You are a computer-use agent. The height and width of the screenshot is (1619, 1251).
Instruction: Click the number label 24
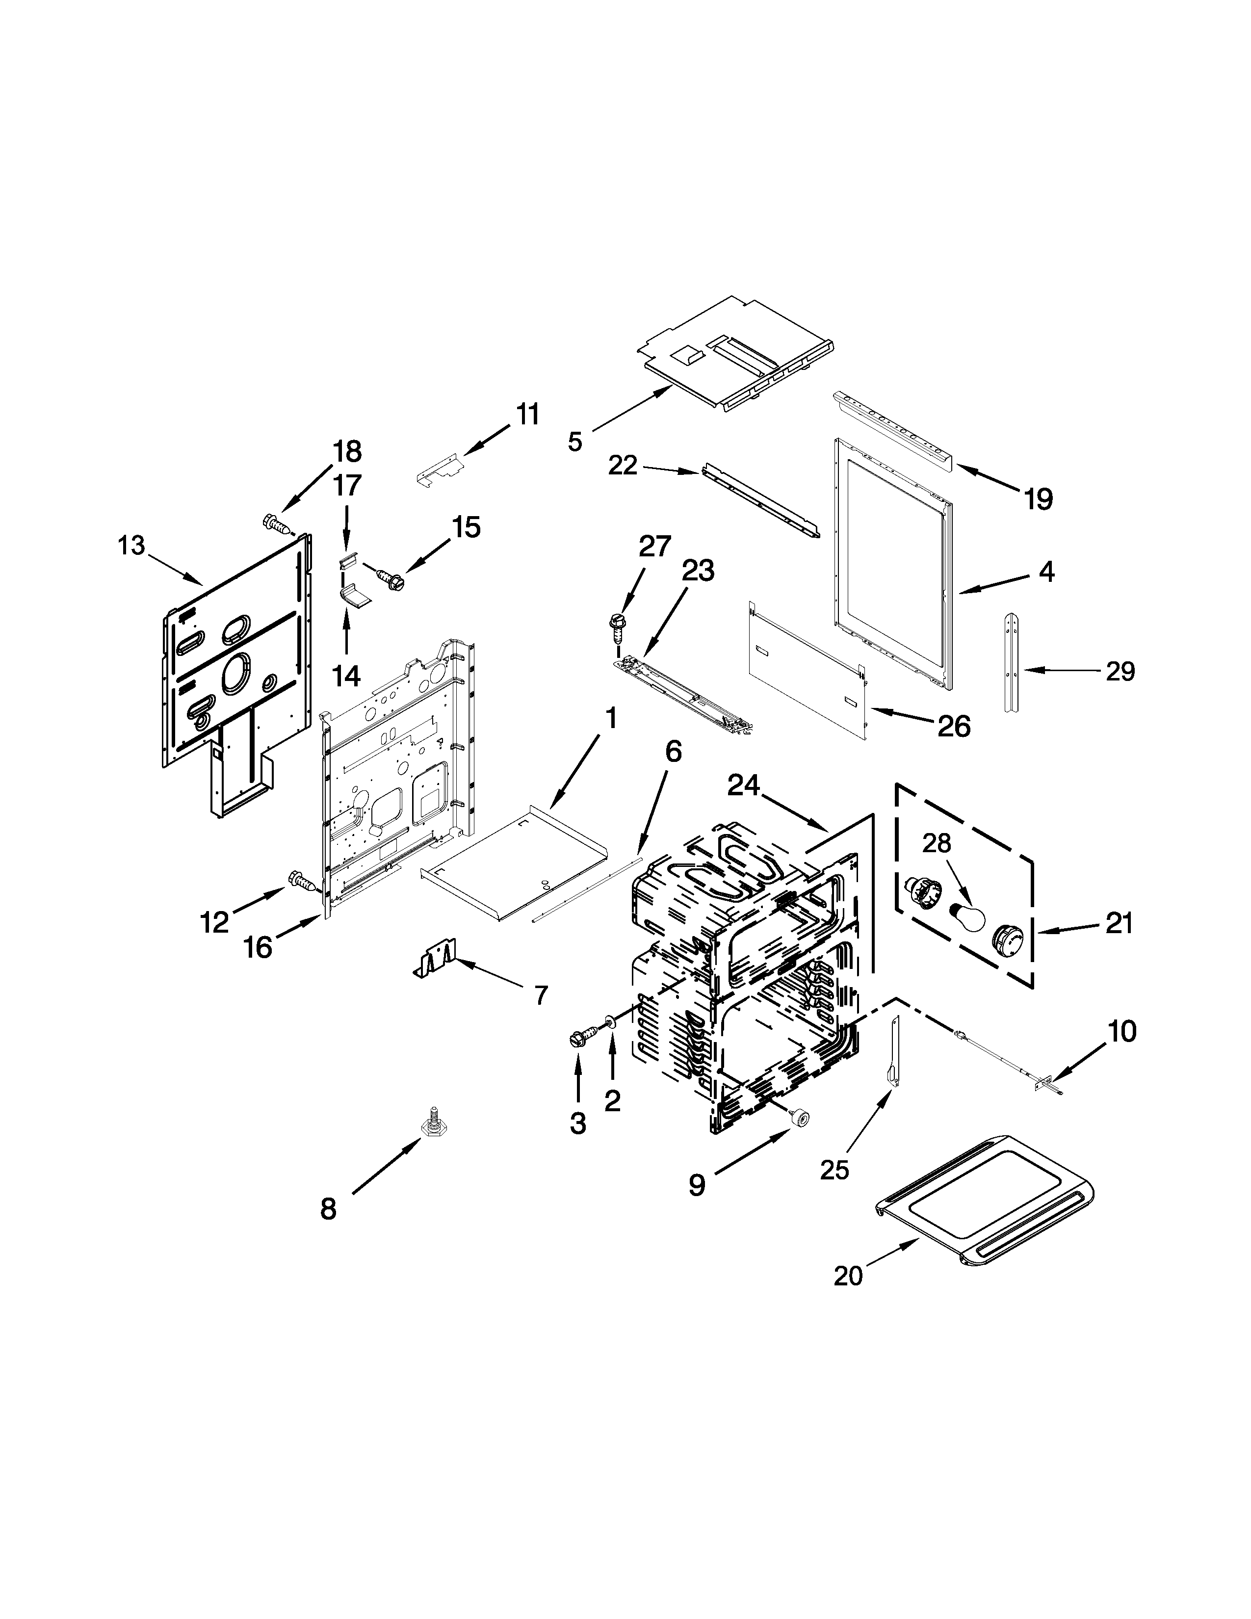tap(743, 786)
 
